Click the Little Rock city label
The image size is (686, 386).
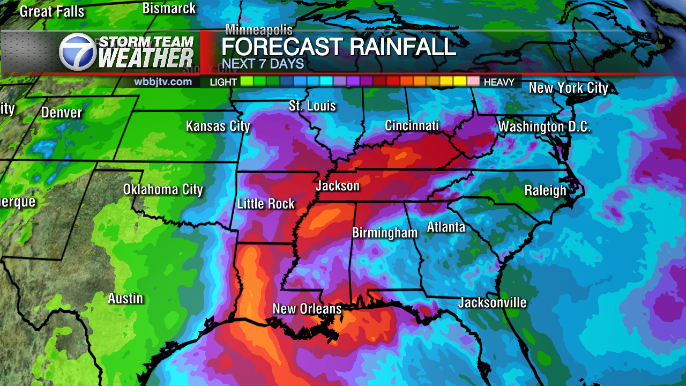pos(266,204)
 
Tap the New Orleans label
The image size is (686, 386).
pos(307,309)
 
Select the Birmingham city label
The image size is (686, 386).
pos(384,233)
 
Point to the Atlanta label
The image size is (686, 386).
pos(446,227)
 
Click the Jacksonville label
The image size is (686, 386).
pos(492,303)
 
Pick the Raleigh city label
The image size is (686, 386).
pos(545,191)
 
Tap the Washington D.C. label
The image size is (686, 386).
pos(544,127)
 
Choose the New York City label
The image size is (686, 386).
pos(568,88)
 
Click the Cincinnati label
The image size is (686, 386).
pos(412,126)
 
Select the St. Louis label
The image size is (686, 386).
pos(312,106)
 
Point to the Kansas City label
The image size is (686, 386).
pos(218,127)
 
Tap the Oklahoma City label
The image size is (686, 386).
pos(163,189)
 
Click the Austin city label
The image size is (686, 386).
pos(125,299)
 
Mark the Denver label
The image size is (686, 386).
pos(61,113)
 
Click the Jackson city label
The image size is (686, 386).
pos(338,186)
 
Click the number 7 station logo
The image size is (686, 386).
pos(78,51)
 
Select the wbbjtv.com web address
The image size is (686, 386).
pos(163,82)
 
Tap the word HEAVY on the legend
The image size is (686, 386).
pos(498,82)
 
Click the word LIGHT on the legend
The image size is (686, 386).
pos(223,82)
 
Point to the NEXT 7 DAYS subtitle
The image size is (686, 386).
pos(263,64)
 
